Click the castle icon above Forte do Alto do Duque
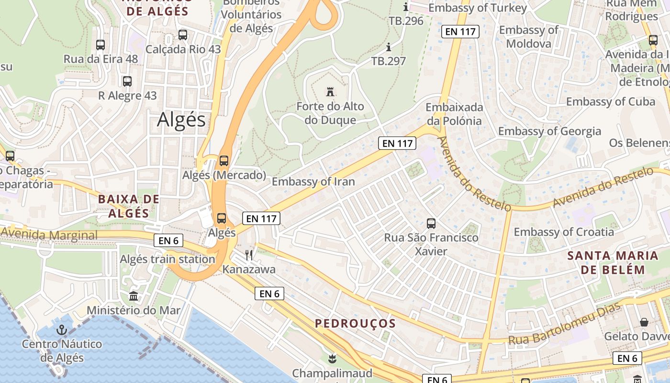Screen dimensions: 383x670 pyautogui.click(x=330, y=91)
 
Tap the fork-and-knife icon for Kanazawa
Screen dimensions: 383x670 pyautogui.click(x=249, y=255)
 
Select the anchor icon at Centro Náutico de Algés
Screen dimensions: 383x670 pyautogui.click(x=61, y=329)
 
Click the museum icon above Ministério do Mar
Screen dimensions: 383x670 pyautogui.click(x=134, y=296)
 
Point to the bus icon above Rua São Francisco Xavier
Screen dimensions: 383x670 pyautogui.click(x=431, y=223)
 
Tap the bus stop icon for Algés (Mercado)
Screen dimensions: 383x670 pyautogui.click(x=223, y=161)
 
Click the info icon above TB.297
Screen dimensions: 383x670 pyautogui.click(x=389, y=47)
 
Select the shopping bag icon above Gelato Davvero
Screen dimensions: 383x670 pyautogui.click(x=644, y=322)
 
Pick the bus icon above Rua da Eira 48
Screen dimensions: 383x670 pyautogui.click(x=100, y=45)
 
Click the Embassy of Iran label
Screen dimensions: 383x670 pyautogui.click(x=313, y=181)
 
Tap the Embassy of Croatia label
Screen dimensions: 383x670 pyautogui.click(x=564, y=232)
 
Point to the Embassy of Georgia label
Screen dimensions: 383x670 pyautogui.click(x=549, y=131)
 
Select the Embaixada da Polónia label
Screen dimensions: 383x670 pyautogui.click(x=454, y=114)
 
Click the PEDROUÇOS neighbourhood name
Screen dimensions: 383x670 pyautogui.click(x=355, y=324)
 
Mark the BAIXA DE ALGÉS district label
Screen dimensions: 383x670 pyautogui.click(x=128, y=206)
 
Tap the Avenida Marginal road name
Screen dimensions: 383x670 pyautogui.click(x=49, y=235)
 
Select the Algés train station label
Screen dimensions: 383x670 pyautogui.click(x=167, y=259)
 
